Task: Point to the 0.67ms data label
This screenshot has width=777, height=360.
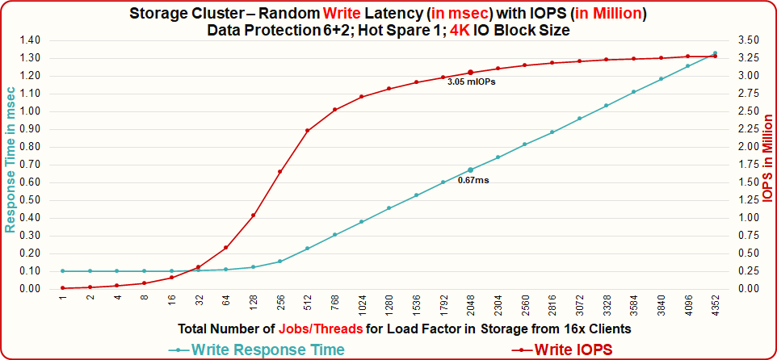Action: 473,180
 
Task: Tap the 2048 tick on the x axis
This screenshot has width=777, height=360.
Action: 470,304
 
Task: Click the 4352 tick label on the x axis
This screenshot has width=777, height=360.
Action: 715,304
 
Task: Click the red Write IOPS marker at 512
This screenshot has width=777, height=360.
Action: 307,131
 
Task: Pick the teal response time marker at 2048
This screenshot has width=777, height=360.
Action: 470,170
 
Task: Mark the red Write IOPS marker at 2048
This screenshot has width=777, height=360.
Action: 470,73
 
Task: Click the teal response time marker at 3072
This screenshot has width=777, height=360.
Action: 579,119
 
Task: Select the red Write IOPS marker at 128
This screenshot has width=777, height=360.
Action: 253,216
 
